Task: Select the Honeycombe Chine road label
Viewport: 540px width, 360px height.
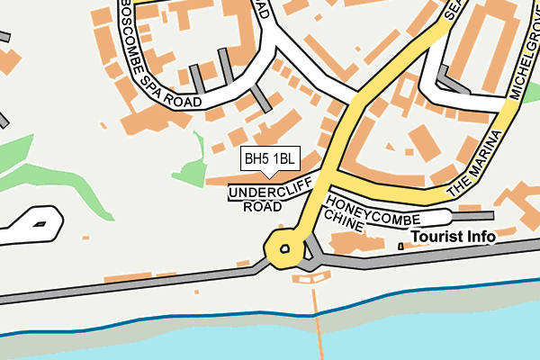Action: tap(360, 214)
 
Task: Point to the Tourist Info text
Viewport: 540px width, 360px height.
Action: tap(454, 237)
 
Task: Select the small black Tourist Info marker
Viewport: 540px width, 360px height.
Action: tap(400, 246)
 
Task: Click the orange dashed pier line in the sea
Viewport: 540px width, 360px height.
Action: tap(318, 315)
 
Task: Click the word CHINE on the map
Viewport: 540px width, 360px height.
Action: tap(344, 222)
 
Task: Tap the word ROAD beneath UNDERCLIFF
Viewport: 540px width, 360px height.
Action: tap(262, 207)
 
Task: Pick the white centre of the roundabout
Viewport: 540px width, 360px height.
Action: tap(284, 248)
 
